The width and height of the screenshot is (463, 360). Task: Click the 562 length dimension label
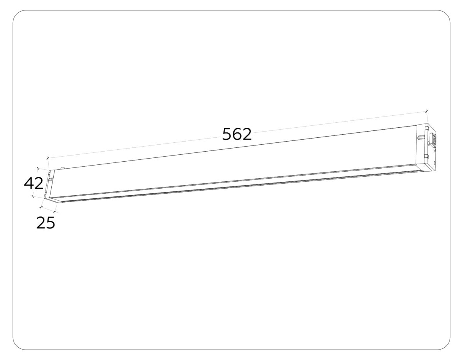pos(237,134)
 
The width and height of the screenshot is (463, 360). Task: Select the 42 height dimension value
pos(34,183)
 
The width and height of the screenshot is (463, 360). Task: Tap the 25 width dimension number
pos(46,223)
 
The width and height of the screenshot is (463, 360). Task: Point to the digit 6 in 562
pos(237,134)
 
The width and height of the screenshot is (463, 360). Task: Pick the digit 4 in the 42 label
pos(29,183)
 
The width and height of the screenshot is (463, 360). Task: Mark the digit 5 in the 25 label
pos(51,223)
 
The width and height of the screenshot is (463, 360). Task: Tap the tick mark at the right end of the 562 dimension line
pos(426,111)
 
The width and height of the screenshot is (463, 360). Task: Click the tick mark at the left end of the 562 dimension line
pos(47,158)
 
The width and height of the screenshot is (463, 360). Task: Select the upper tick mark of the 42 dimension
pos(37,168)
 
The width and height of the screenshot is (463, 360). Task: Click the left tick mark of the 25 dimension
pos(41,208)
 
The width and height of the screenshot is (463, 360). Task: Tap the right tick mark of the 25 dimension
pos(56,212)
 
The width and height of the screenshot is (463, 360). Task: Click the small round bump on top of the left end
pos(62,168)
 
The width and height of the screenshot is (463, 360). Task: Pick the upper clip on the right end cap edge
pos(426,126)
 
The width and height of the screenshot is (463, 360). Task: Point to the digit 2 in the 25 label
pos(41,223)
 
